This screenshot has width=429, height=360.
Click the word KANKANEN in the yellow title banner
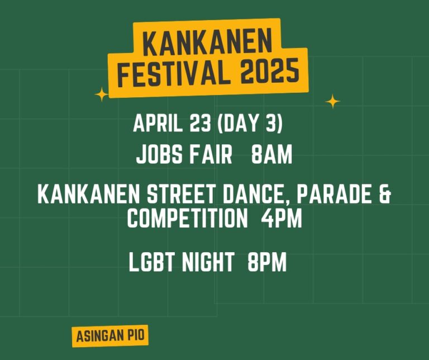click(207, 41)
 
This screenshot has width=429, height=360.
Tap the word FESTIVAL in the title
click(174, 73)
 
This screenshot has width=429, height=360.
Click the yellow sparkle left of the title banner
click(102, 94)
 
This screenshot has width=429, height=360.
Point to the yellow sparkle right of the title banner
click(333, 101)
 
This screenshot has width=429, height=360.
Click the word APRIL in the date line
click(158, 123)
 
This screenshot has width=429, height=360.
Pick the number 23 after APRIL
click(201, 123)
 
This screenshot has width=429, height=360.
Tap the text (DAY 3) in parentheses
click(250, 124)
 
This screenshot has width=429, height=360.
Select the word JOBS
click(159, 155)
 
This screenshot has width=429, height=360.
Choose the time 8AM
click(272, 155)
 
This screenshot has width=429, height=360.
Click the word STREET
click(182, 194)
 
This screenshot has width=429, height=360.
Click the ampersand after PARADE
click(385, 194)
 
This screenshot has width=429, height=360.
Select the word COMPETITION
click(188, 218)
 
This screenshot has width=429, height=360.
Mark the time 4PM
click(282, 218)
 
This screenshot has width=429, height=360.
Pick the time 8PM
click(267, 262)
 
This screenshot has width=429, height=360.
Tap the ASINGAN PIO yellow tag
click(110, 336)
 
